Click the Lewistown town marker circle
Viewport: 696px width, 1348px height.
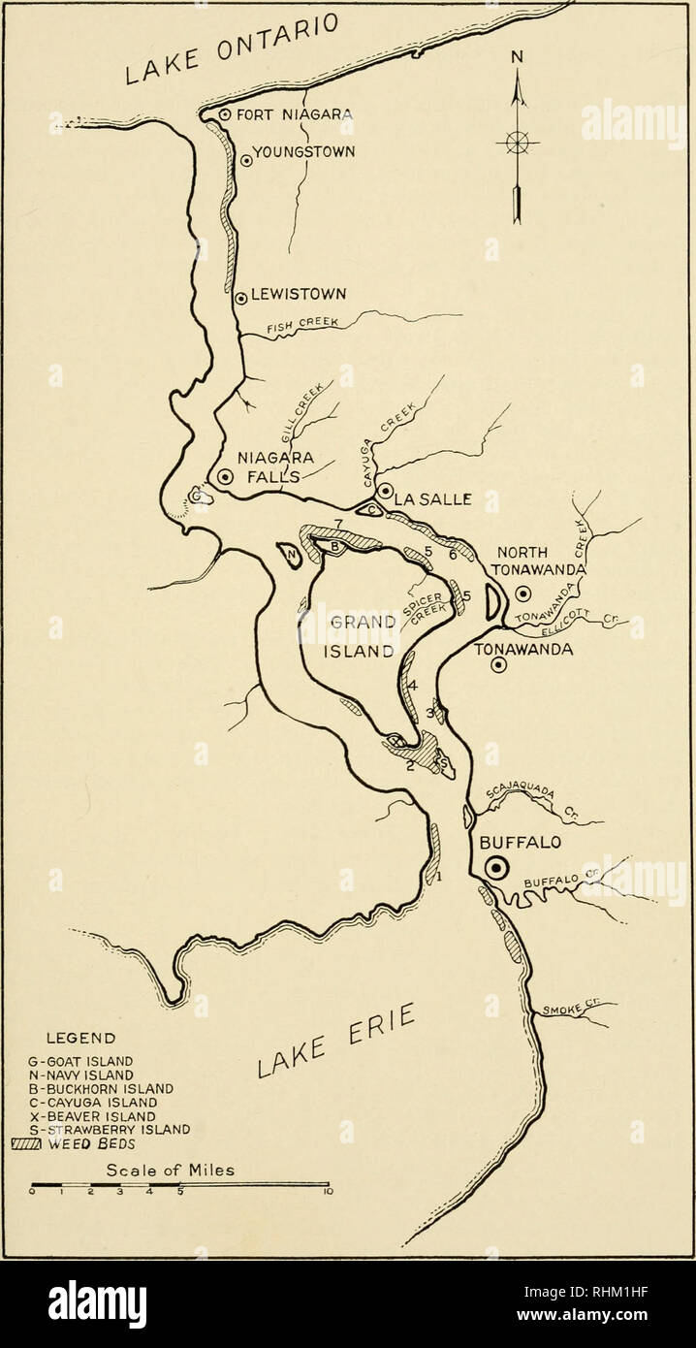tap(240, 298)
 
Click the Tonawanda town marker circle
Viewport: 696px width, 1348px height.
tap(498, 665)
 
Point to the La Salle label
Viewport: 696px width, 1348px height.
tap(432, 499)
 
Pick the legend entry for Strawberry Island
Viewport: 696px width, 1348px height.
tap(111, 1129)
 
